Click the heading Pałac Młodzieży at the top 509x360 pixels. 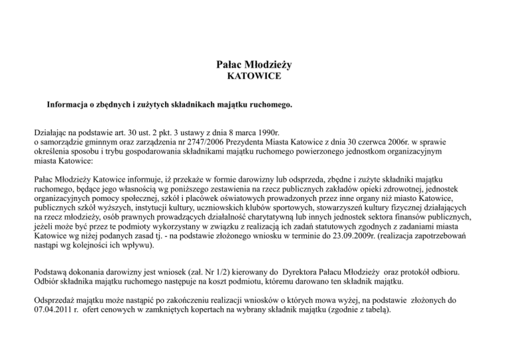(x=254, y=65)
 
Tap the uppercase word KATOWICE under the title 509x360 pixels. (x=254, y=77)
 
